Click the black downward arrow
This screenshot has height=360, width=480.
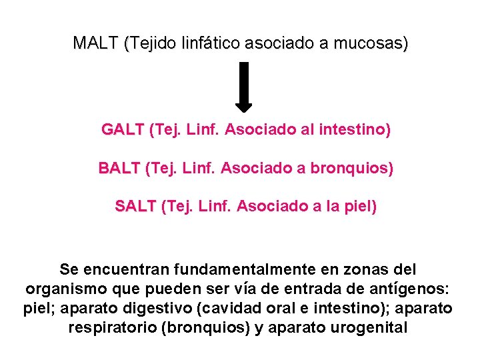pos(244,86)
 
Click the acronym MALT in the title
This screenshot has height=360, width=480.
pos(95,43)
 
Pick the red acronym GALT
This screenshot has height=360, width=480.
pos(123,129)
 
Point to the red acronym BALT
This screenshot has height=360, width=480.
pos(119,168)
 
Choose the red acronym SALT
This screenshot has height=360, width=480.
pos(135,207)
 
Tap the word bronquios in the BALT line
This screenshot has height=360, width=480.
pos(356,168)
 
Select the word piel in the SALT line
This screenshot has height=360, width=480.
pos(360,207)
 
